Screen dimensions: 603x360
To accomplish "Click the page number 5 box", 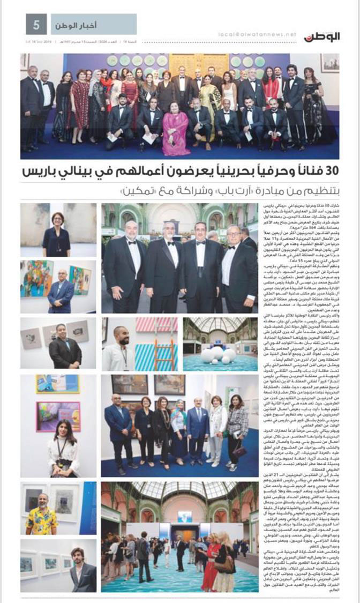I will pos(37,25).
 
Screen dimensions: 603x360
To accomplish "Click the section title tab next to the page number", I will pos(94,25).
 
